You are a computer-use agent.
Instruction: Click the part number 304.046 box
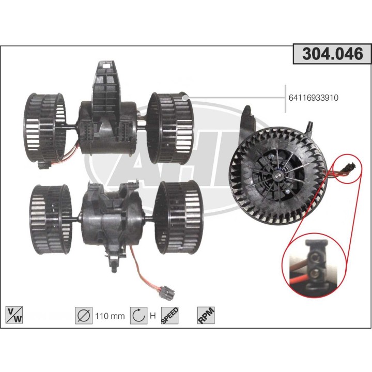[x=332, y=54]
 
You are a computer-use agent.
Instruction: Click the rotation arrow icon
[x=137, y=315]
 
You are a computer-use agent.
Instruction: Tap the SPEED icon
[x=171, y=315]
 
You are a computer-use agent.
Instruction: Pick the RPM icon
[x=206, y=315]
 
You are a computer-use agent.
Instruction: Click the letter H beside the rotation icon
[x=152, y=316]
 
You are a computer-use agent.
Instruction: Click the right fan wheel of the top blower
[x=169, y=127]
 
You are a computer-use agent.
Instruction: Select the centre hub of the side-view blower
[x=279, y=176]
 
